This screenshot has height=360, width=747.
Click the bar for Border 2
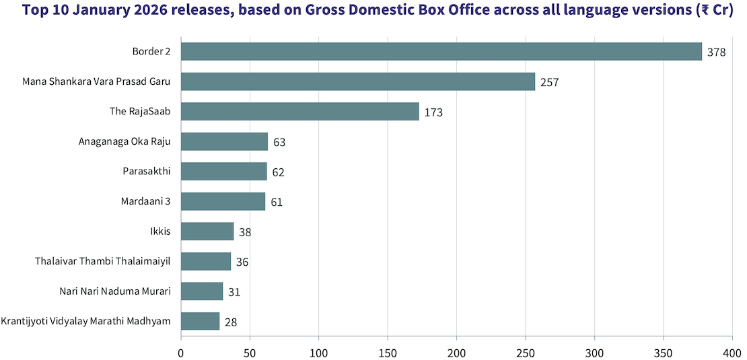(441, 52)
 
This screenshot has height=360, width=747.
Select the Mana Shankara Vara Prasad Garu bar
(358, 81)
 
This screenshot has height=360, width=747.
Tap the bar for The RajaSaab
(300, 112)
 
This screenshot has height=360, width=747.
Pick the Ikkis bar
(207, 231)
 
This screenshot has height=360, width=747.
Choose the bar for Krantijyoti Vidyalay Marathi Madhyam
(200, 321)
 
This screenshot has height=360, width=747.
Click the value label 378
(716, 52)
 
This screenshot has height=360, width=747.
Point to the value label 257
(550, 82)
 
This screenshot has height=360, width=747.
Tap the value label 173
(433, 112)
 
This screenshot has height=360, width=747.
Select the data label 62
(278, 172)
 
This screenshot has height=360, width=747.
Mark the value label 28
(231, 322)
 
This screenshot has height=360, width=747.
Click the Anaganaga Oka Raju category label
(124, 141)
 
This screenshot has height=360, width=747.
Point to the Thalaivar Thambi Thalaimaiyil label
(103, 261)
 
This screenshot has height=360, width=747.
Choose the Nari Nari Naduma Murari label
(115, 291)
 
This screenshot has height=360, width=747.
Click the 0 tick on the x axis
(181, 352)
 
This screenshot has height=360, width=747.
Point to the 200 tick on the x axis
(457, 352)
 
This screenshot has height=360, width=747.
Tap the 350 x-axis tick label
(664, 352)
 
